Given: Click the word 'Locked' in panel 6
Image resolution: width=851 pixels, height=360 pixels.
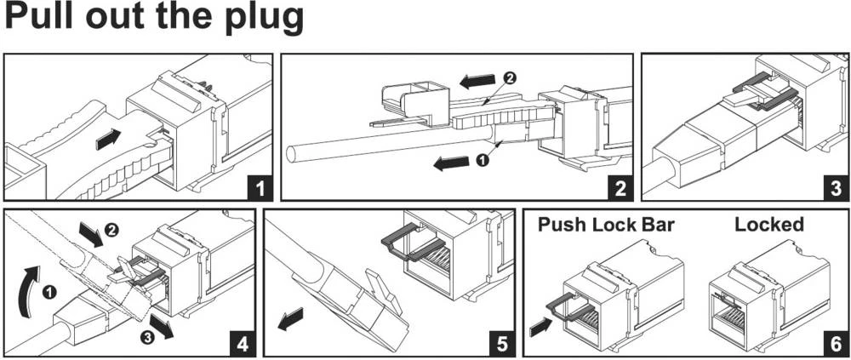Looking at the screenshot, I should pos(768,225).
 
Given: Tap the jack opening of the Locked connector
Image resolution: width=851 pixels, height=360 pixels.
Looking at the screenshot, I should pos(728,316).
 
